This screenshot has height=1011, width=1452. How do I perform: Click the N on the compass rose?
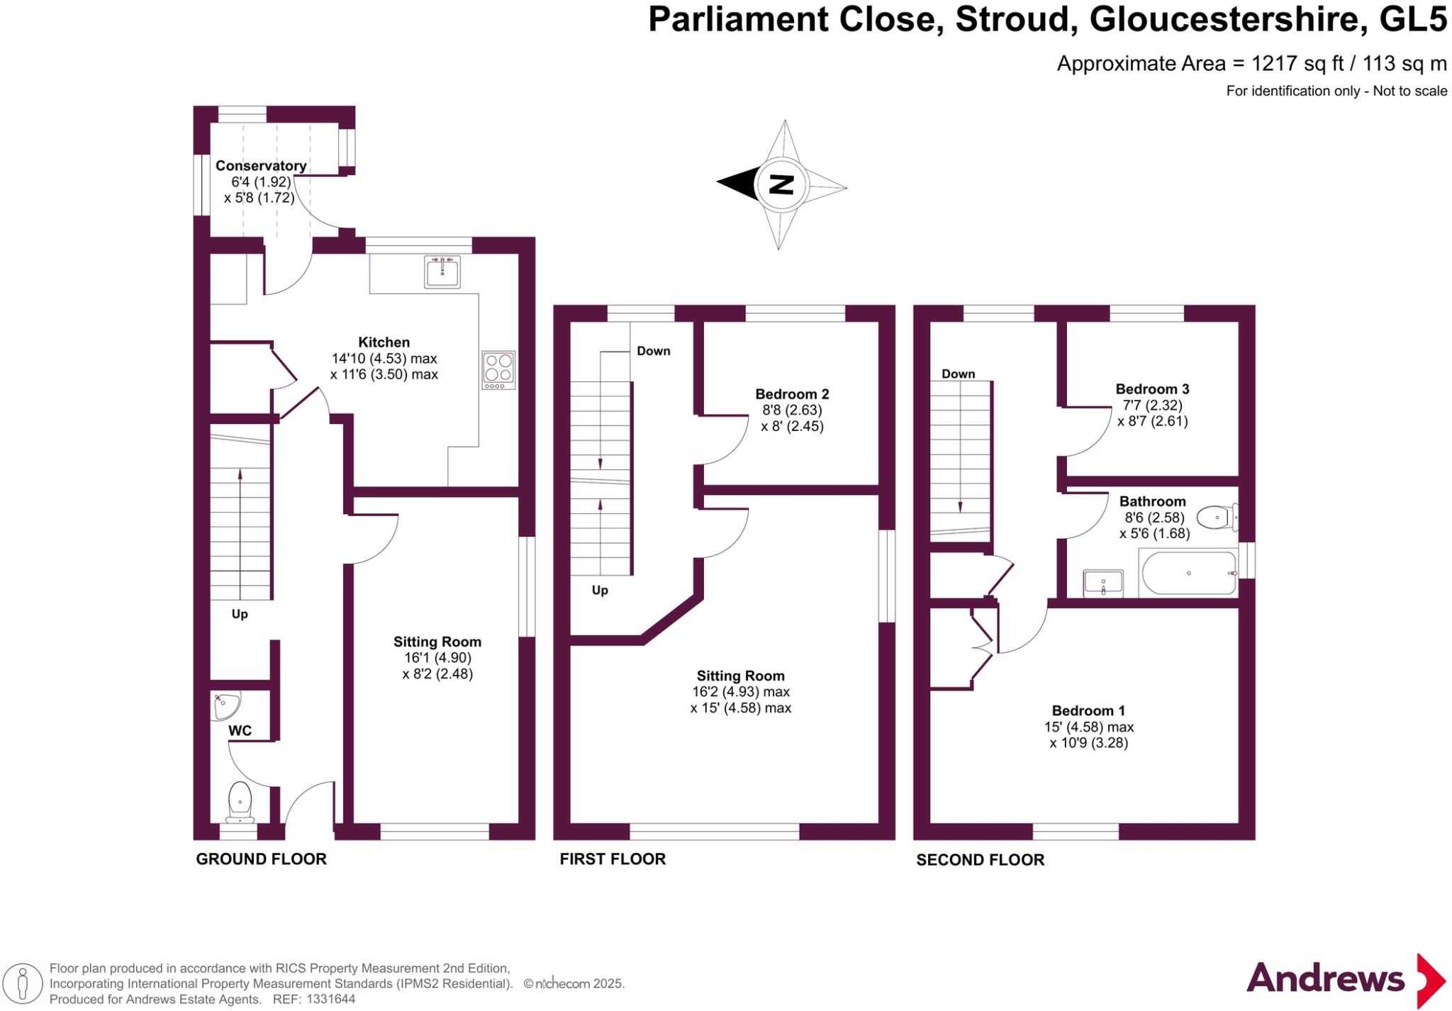click(781, 184)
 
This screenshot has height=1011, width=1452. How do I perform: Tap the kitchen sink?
click(442, 272)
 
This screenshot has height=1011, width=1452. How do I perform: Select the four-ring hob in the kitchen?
click(498, 369)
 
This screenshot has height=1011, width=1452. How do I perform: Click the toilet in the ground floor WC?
click(240, 802)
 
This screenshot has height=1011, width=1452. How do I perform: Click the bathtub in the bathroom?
click(1188, 573)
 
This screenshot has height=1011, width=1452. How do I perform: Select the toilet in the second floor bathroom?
click(1218, 517)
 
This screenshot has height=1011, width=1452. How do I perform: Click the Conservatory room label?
click(261, 166)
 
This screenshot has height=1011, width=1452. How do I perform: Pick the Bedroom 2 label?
click(792, 394)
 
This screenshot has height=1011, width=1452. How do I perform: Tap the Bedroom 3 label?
click(1152, 389)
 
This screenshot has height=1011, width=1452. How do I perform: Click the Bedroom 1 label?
click(1088, 710)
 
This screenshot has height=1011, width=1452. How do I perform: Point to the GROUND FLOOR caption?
click(262, 859)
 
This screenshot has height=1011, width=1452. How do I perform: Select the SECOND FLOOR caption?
click(981, 860)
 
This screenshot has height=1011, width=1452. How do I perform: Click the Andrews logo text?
click(1326, 979)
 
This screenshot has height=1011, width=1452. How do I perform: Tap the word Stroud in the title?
click(1012, 19)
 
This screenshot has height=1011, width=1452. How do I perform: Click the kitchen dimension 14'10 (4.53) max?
click(384, 359)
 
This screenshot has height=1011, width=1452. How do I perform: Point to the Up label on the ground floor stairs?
click(240, 614)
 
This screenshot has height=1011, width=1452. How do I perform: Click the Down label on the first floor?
click(654, 351)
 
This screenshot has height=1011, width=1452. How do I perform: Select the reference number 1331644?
click(330, 999)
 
